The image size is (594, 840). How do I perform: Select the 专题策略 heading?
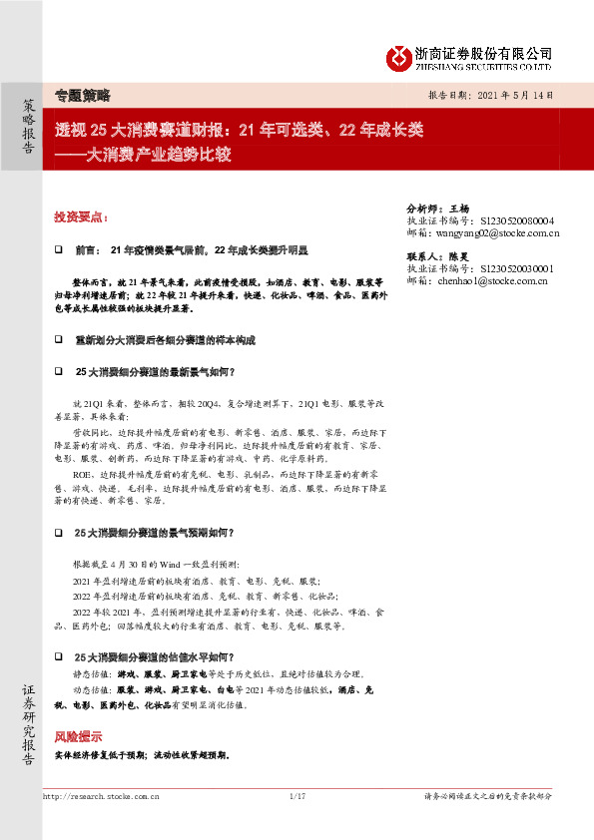pos(82,96)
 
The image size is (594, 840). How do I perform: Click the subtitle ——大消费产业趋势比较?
pos(143,154)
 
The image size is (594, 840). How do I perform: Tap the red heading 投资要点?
pos(82,217)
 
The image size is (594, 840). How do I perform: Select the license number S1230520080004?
pos(517,220)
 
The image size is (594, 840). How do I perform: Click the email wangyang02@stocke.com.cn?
pos(497,233)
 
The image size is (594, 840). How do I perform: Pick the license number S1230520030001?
pos(517,268)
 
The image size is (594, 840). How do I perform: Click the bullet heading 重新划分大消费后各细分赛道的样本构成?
pos(165,340)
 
